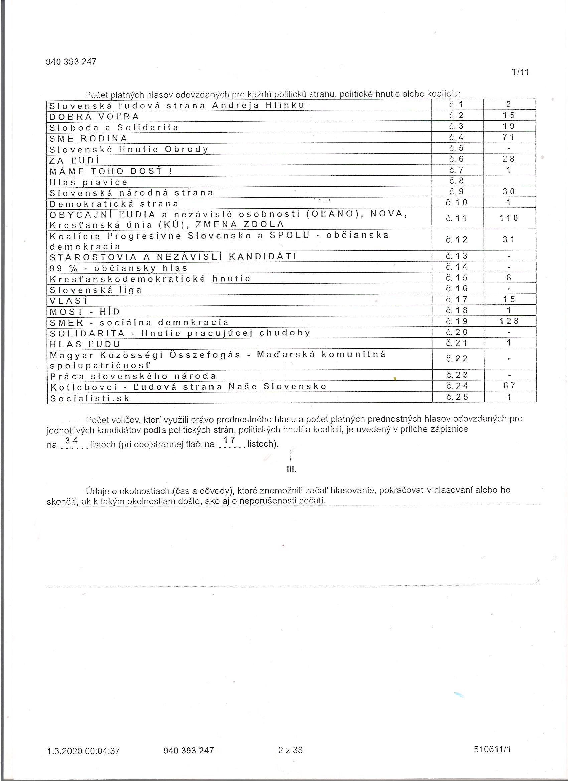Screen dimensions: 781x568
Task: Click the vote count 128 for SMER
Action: pyautogui.click(x=509, y=321)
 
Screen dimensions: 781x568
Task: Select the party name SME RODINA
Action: pyautogui.click(x=89, y=138)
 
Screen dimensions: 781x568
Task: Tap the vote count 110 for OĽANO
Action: pyautogui.click(x=509, y=218)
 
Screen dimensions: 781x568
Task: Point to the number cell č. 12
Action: pyautogui.click(x=457, y=239)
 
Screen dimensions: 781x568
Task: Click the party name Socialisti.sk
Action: pyautogui.click(x=90, y=398)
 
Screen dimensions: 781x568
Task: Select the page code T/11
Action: pyautogui.click(x=520, y=72)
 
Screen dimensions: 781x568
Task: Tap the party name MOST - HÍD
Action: pyautogui.click(x=85, y=312)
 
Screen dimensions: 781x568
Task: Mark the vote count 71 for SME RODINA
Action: pyautogui.click(x=509, y=137)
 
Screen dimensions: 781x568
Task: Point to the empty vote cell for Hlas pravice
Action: pyautogui.click(x=510, y=181)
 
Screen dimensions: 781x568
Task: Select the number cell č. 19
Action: pyautogui.click(x=457, y=321)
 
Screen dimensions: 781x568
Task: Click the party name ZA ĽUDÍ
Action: pyautogui.click(x=74, y=160)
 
